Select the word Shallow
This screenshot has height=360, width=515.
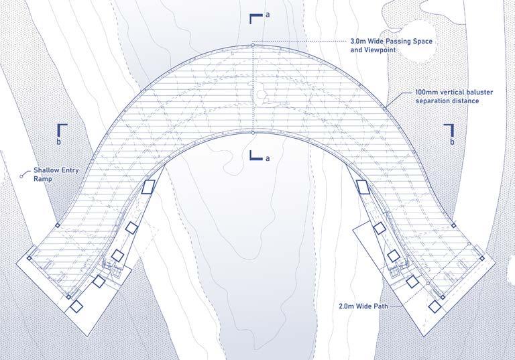pos(47,171)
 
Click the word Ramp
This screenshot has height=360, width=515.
pos(42,180)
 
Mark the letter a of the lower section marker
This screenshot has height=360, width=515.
pos(266,158)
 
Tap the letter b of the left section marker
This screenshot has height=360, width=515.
pos(59,141)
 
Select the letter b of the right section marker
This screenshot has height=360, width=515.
pos(453,141)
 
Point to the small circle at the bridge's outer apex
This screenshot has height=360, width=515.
pos(252,45)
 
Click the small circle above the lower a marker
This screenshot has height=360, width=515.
pos(252,133)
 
